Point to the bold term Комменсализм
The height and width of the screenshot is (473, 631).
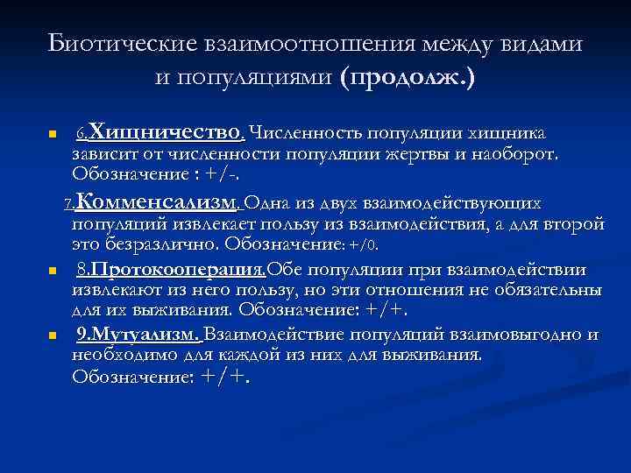[157, 203]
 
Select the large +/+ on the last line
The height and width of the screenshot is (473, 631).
[225, 377]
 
